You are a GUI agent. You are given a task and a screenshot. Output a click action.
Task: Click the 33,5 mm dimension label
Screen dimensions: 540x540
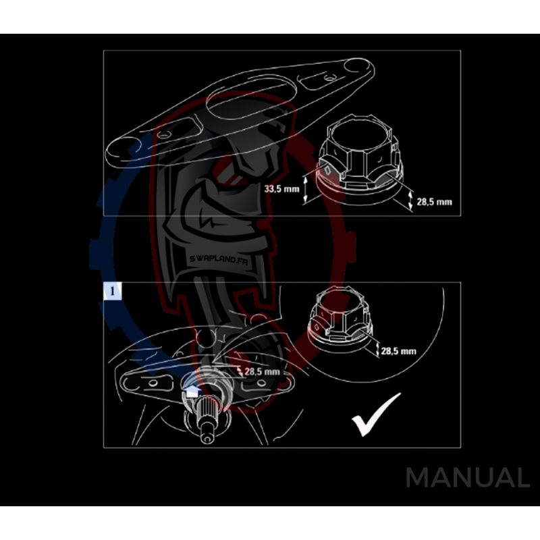[x=281, y=189]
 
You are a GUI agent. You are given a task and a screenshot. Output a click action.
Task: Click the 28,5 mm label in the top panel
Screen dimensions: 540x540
[x=435, y=202]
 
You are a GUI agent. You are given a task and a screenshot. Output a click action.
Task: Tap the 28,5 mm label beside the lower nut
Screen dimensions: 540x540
[x=398, y=351]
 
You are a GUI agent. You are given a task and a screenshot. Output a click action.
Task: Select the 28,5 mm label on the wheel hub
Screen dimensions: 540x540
[x=262, y=371]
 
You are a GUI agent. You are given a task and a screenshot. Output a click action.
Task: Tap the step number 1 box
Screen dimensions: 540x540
[x=112, y=291]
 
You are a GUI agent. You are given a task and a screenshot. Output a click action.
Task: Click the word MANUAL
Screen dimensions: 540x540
[x=467, y=478]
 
